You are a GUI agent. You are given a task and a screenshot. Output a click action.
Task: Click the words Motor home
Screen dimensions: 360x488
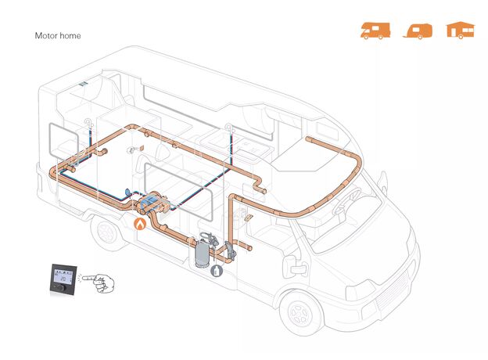(x=58, y=36)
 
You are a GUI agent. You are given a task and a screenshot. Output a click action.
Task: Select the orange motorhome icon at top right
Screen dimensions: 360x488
(x=375, y=31)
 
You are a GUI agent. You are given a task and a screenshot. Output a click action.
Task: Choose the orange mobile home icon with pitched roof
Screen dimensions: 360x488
(x=461, y=31)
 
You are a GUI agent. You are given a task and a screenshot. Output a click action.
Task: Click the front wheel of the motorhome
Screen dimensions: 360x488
(x=302, y=311)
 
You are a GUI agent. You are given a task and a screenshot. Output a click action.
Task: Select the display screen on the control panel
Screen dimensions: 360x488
(x=66, y=275)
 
